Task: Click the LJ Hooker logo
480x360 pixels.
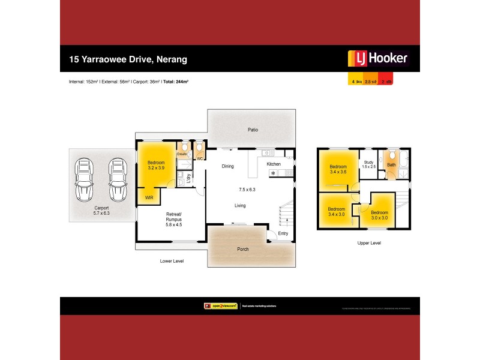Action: tap(378, 59)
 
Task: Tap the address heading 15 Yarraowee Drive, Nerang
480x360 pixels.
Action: tap(128, 59)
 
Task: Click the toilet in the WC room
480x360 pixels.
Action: tap(200, 148)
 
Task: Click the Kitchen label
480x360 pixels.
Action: tap(274, 164)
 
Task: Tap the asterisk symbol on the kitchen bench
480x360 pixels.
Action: tap(273, 173)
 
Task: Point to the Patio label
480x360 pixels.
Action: tap(253, 130)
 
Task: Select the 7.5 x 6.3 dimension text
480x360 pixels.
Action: tap(247, 190)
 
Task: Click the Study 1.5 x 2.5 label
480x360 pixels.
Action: tap(369, 164)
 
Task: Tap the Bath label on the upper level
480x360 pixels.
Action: tap(391, 164)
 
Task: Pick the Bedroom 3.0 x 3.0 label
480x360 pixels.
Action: tap(379, 215)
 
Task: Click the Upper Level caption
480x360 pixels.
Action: tap(368, 243)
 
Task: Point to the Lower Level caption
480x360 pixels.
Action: tap(172, 261)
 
